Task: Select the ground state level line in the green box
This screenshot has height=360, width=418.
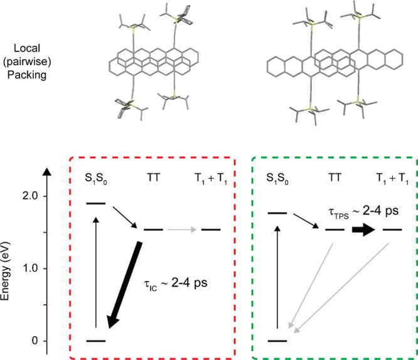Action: coord(276,341)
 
